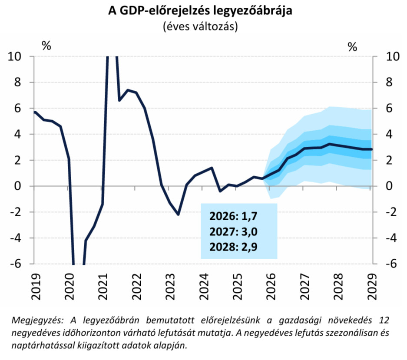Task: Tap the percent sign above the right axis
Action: coord(352,46)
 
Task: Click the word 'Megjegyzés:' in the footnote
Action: coord(37,320)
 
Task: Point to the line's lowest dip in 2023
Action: coord(178,215)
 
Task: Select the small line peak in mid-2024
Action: coord(212,168)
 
